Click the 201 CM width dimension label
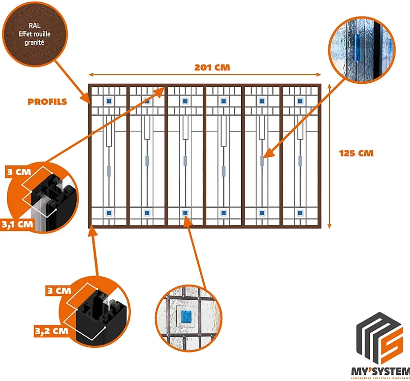(x=212, y=68)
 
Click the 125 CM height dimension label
(x=356, y=154)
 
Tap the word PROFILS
(x=48, y=102)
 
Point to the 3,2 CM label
(x=51, y=330)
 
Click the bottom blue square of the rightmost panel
(x=300, y=213)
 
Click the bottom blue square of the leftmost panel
(x=109, y=213)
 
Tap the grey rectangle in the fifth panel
(x=262, y=161)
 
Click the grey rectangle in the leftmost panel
(x=109, y=169)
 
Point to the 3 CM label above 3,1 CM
(x=16, y=172)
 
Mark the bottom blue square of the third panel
(x=185, y=213)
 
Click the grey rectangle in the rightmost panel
(x=300, y=161)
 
